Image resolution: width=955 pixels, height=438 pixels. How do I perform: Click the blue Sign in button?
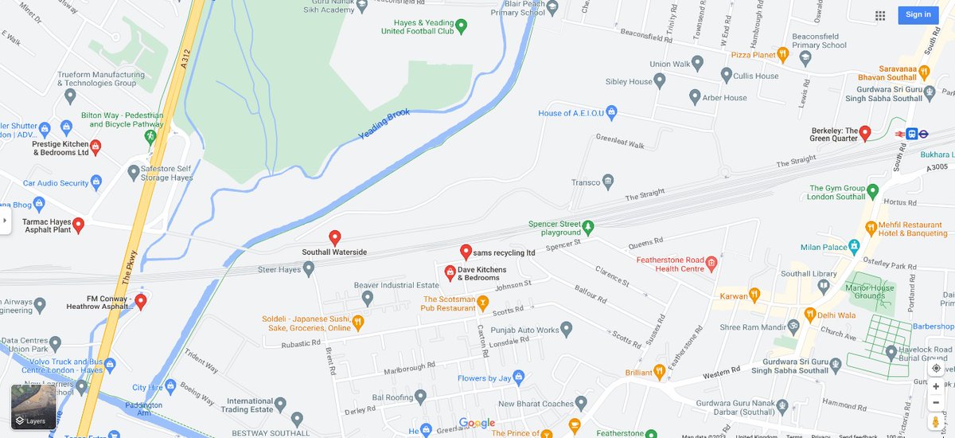point(918,14)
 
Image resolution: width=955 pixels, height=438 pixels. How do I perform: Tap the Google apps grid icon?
point(880,15)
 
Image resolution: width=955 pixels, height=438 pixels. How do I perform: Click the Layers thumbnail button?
point(33,407)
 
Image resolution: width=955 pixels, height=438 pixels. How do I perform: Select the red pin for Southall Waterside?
point(335,237)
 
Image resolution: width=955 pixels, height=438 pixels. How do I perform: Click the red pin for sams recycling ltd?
point(466,252)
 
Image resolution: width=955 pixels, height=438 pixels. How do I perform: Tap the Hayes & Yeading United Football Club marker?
point(461,25)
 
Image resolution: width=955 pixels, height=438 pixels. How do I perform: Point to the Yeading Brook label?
point(384,124)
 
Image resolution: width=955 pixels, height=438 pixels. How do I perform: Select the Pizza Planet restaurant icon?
point(783,54)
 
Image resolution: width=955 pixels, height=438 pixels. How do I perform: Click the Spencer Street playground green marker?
point(588,227)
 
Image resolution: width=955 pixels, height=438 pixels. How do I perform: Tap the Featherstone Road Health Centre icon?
point(711,264)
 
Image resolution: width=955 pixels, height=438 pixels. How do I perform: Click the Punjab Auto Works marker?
point(567,328)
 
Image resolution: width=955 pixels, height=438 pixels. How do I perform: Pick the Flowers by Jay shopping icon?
point(518,377)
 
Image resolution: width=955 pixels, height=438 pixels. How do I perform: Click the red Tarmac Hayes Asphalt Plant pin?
point(78,225)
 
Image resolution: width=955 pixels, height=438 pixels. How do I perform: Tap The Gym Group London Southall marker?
point(872,191)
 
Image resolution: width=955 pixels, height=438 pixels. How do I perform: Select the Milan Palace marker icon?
point(855,247)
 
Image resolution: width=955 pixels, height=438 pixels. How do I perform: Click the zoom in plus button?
point(936,386)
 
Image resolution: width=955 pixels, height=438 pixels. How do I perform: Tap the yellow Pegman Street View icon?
point(936,420)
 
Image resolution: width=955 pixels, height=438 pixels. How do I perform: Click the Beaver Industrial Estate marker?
point(368,298)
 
